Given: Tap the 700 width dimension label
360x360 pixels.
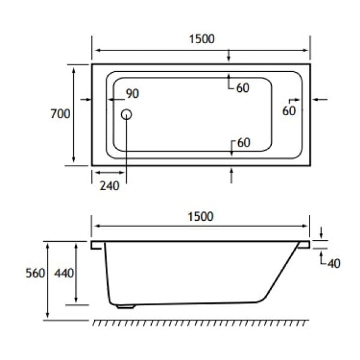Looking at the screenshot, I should [x=61, y=113].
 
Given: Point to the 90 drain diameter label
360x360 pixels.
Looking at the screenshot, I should [x=132, y=94].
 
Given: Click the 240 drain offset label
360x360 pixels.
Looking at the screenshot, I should [x=109, y=185].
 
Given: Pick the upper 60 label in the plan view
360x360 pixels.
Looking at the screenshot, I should [x=242, y=88].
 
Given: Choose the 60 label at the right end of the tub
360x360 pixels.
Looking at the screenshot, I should [x=289, y=110].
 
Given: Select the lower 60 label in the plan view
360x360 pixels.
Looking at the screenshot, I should [x=243, y=143].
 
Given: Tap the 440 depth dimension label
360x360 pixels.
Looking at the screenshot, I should [x=64, y=273].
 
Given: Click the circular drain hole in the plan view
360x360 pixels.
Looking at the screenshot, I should [x=127, y=114].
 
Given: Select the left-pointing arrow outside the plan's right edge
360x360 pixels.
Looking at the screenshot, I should [x=320, y=99].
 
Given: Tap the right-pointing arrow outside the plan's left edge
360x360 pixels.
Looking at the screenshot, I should [x=85, y=99].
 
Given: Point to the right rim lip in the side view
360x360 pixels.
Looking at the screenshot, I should [x=304, y=245].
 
